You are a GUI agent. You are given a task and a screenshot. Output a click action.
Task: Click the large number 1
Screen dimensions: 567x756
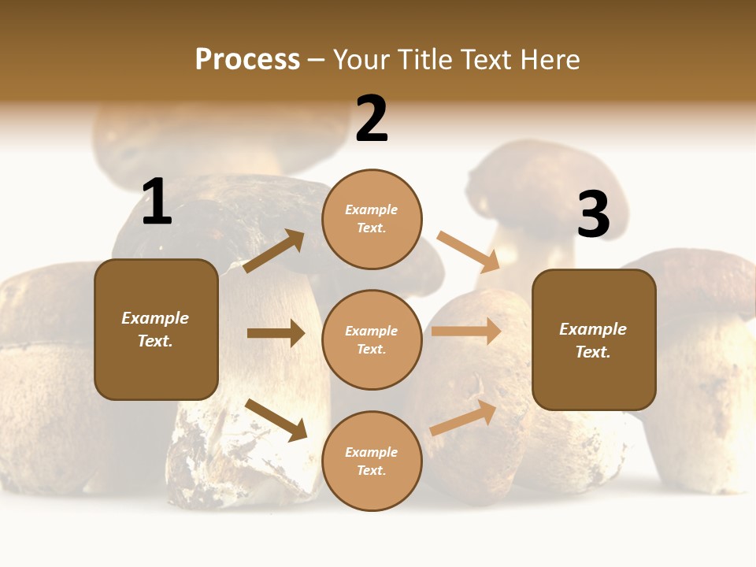(156, 202)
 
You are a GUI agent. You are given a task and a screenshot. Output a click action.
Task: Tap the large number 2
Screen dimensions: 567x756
(372, 119)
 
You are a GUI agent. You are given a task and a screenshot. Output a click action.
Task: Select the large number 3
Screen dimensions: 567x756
(593, 214)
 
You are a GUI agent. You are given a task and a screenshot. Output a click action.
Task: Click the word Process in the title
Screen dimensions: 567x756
(247, 59)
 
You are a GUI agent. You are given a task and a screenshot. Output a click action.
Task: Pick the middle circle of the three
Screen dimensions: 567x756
(372, 339)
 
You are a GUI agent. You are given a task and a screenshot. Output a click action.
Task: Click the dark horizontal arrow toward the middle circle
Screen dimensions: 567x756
(276, 333)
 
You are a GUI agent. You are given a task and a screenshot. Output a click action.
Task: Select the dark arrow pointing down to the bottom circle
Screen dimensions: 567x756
(276, 420)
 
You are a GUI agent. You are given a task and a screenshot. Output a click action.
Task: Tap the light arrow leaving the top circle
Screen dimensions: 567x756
(469, 251)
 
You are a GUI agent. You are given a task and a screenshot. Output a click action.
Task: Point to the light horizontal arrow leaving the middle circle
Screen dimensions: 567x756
(466, 332)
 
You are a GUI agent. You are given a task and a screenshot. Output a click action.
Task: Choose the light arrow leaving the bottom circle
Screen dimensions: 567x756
(464, 417)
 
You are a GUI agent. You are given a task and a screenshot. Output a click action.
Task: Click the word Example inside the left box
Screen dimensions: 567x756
(155, 318)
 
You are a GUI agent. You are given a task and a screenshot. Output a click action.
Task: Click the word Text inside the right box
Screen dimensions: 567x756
(592, 352)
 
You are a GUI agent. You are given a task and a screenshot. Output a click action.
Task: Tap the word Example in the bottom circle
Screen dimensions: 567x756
(371, 452)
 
